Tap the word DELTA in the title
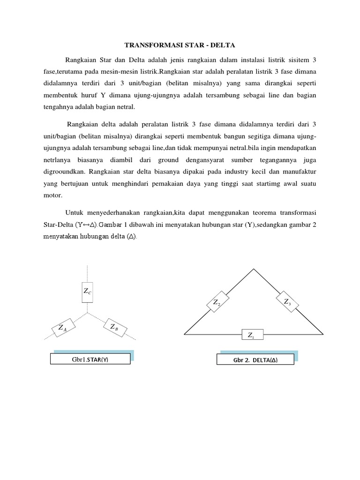221,45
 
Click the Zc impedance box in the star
88,292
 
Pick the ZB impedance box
113,327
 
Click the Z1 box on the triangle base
253,335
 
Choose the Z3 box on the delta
287,302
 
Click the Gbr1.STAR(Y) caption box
83,360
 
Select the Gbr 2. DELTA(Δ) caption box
255,360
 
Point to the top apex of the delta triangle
254,269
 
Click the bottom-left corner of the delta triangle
185,335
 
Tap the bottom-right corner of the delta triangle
323,335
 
